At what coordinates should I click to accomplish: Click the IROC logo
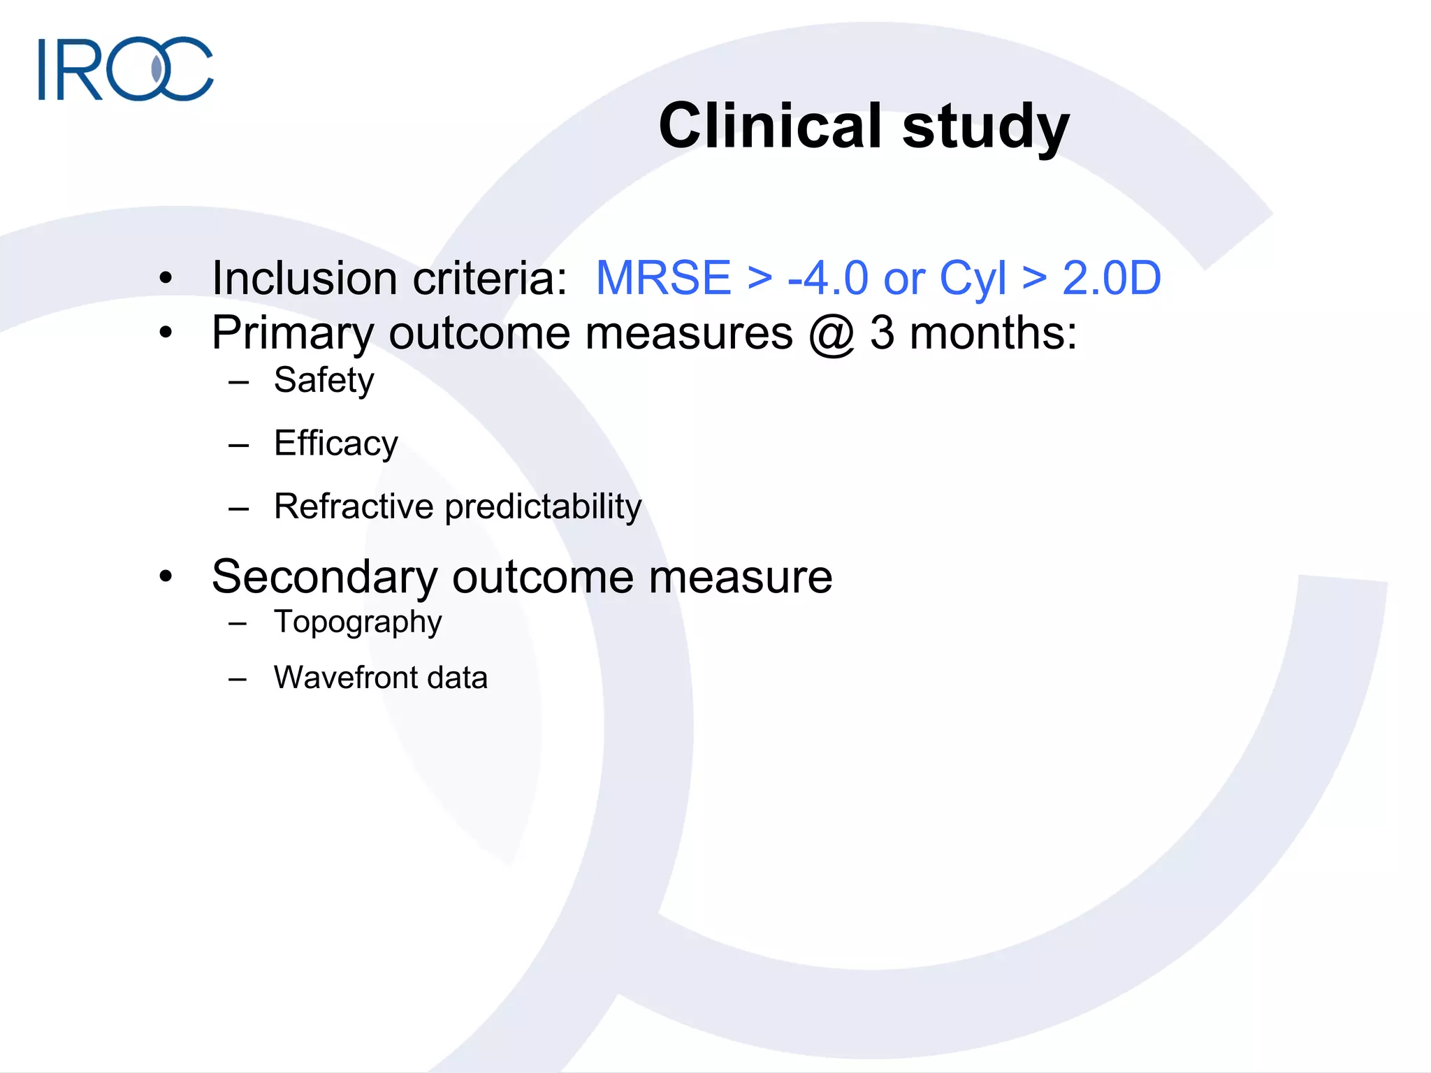[126, 68]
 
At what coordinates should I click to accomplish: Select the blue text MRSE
[663, 278]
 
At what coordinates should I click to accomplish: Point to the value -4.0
[828, 278]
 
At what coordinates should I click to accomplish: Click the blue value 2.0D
[1111, 278]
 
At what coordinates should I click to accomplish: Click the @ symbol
[831, 334]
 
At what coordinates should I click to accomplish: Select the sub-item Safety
[324, 381]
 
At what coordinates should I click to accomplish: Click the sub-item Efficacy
[335, 444]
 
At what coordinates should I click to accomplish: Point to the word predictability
[543, 506]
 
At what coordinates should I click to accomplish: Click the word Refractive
[354, 506]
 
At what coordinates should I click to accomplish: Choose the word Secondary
[324, 577]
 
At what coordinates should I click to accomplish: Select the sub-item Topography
[358, 622]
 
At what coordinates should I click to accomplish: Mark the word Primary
[293, 334]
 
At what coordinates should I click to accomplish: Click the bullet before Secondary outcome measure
[166, 577]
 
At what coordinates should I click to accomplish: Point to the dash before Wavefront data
[238, 679]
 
